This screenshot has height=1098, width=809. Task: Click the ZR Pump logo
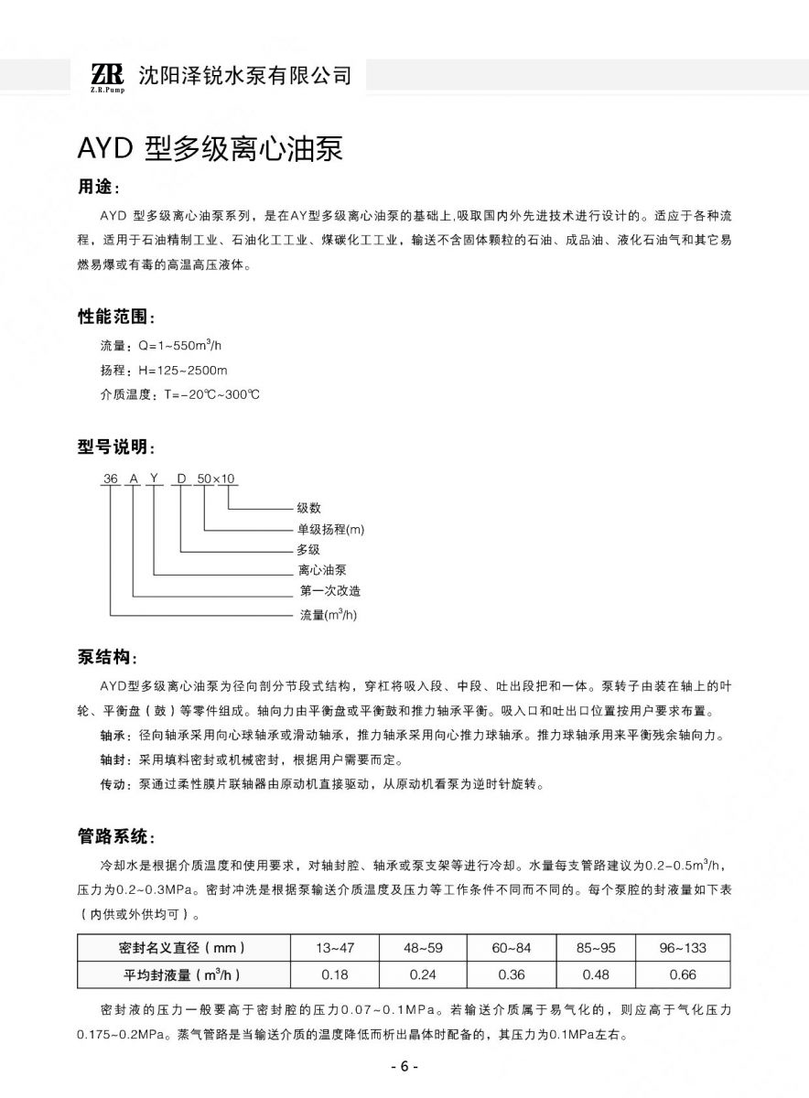pyautogui.click(x=106, y=76)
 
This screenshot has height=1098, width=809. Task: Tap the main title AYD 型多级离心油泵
pyautogui.click(x=210, y=149)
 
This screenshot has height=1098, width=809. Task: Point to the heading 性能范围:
pyautogui.click(x=116, y=318)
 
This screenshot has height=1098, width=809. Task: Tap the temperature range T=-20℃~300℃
pyautogui.click(x=211, y=394)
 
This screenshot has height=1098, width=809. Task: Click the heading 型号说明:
pyautogui.click(x=116, y=447)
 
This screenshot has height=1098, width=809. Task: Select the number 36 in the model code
pyautogui.click(x=111, y=479)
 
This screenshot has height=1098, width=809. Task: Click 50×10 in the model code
pyautogui.click(x=216, y=479)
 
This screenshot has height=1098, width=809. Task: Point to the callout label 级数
pyautogui.click(x=308, y=508)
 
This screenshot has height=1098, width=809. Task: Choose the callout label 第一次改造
pyautogui.click(x=329, y=591)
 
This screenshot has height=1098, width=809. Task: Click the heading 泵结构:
pyautogui.click(x=107, y=657)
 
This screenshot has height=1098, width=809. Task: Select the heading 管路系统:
pyautogui.click(x=116, y=836)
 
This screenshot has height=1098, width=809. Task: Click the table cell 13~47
pyautogui.click(x=335, y=948)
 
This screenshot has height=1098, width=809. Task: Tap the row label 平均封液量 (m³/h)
pyautogui.click(x=182, y=974)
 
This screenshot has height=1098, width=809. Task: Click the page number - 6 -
pyautogui.click(x=404, y=1067)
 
